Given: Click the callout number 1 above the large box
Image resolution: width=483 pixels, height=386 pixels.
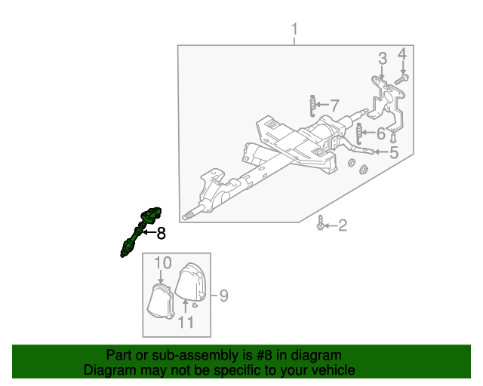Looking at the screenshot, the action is [294, 29].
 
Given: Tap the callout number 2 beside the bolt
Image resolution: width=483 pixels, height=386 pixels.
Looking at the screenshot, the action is [343, 225].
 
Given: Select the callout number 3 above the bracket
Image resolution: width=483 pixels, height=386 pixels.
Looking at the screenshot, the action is [383, 59].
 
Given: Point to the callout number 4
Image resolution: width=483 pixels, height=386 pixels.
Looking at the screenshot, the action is [402, 54].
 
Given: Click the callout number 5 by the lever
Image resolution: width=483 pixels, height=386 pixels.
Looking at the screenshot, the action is [394, 152].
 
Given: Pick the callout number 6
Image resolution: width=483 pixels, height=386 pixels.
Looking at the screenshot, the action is [381, 133].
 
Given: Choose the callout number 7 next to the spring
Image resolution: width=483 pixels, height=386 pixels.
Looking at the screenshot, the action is [334, 106].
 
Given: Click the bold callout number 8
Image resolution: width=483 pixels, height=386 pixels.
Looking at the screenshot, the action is [162, 233].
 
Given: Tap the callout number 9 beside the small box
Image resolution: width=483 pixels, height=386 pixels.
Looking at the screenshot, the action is [223, 296].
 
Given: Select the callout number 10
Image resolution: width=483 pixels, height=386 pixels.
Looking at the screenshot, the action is [163, 263].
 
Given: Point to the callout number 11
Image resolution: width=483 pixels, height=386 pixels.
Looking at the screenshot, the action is [186, 322].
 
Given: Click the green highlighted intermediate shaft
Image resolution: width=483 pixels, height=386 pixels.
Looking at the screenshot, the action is [140, 231].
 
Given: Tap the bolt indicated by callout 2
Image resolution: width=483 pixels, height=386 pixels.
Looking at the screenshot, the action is [320, 222].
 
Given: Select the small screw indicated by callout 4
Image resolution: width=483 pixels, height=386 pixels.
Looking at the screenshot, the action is [401, 79].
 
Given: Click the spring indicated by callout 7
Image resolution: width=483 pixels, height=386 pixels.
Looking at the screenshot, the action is [312, 106].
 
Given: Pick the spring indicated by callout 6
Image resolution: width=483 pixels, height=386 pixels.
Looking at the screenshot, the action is [359, 133].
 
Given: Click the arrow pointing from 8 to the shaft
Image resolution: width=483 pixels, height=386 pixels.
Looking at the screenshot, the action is [149, 232].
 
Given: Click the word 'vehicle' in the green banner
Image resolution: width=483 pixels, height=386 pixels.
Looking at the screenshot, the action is [336, 370].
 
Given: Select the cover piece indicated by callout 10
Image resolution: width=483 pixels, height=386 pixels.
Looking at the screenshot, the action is [161, 301].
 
